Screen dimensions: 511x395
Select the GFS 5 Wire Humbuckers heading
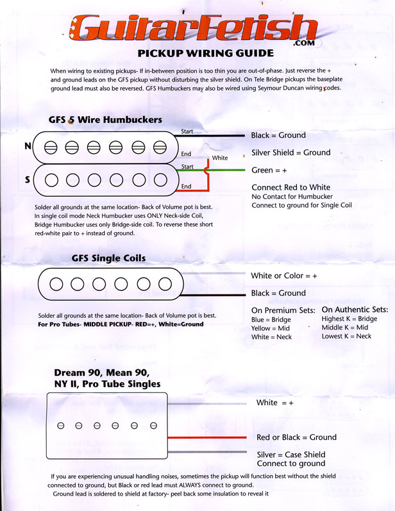tap(105, 120)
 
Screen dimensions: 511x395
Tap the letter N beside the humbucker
tap(28, 146)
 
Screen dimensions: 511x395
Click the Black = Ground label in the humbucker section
tap(278, 135)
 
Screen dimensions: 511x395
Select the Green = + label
tap(270, 170)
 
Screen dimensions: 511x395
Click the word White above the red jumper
tap(220, 158)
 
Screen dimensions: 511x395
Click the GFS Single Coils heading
tap(108, 258)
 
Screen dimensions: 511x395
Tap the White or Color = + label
tap(284, 275)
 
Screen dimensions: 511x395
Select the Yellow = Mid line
tap(271, 328)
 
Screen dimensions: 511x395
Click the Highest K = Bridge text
tap(349, 319)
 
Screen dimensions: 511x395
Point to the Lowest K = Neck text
tap(347, 336)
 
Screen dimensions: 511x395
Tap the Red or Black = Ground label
tap(296, 437)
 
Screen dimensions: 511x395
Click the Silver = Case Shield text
tap(290, 455)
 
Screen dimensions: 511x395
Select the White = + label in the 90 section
tap(274, 403)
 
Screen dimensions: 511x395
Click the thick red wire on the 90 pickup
tap(205, 437)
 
